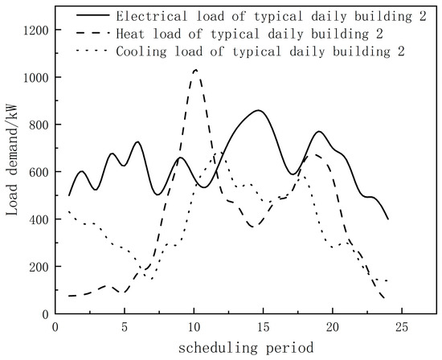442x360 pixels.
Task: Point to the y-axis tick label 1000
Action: click(x=34, y=77)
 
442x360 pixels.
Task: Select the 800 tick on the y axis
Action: click(x=37, y=125)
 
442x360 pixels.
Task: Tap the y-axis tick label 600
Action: click(x=37, y=172)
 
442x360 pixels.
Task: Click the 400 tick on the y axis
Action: click(x=37, y=219)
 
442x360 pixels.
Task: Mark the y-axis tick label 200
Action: click(x=37, y=267)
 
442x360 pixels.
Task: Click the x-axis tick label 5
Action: click(x=125, y=327)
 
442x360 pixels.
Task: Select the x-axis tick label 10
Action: click(x=194, y=327)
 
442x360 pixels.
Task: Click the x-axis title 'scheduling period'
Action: click(x=242, y=347)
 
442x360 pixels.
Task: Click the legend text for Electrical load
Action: click(x=258, y=16)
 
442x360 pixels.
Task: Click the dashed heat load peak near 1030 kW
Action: click(x=195, y=70)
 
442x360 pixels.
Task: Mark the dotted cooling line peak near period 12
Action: click(x=219, y=152)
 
